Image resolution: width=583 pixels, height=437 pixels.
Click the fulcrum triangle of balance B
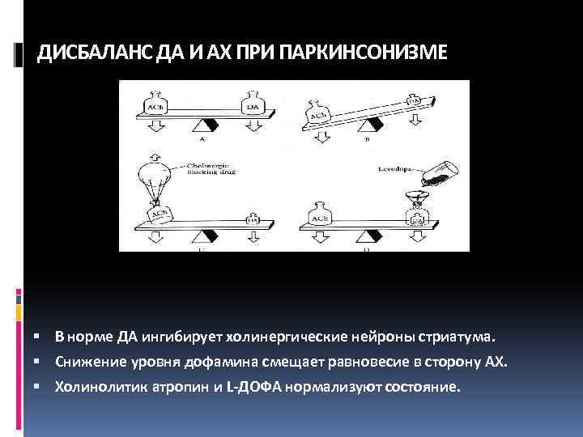coord(375,126)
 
